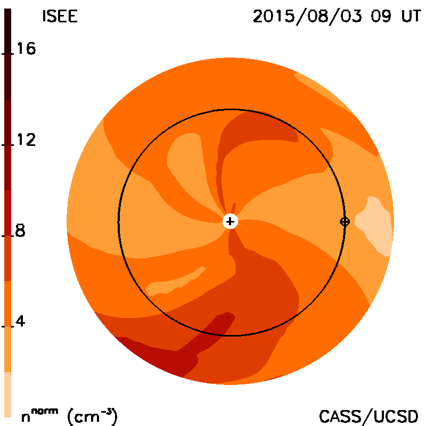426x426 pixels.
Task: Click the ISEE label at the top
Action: tap(60, 16)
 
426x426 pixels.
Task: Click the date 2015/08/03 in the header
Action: tap(307, 17)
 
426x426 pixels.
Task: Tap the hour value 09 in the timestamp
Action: tap(381, 16)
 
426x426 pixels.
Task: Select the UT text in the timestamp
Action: tap(411, 16)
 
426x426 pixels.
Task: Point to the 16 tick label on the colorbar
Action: tap(26, 48)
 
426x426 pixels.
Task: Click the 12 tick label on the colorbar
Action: tap(26, 140)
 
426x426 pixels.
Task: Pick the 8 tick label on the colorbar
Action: tap(20, 231)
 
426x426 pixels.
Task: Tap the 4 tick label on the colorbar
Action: tap(20, 321)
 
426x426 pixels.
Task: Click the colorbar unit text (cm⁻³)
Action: tap(92, 416)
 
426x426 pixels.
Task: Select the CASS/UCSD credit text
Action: tap(368, 416)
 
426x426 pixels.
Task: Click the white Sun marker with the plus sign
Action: tap(230, 222)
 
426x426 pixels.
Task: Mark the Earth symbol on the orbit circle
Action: tap(345, 222)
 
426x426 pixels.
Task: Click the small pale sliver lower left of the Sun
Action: tap(174, 283)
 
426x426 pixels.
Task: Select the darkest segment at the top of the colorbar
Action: tap(7, 54)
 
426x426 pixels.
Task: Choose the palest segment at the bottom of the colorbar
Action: tap(7, 395)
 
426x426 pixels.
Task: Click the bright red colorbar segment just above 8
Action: tap(7, 212)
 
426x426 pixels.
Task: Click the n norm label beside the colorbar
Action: tap(39, 416)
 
